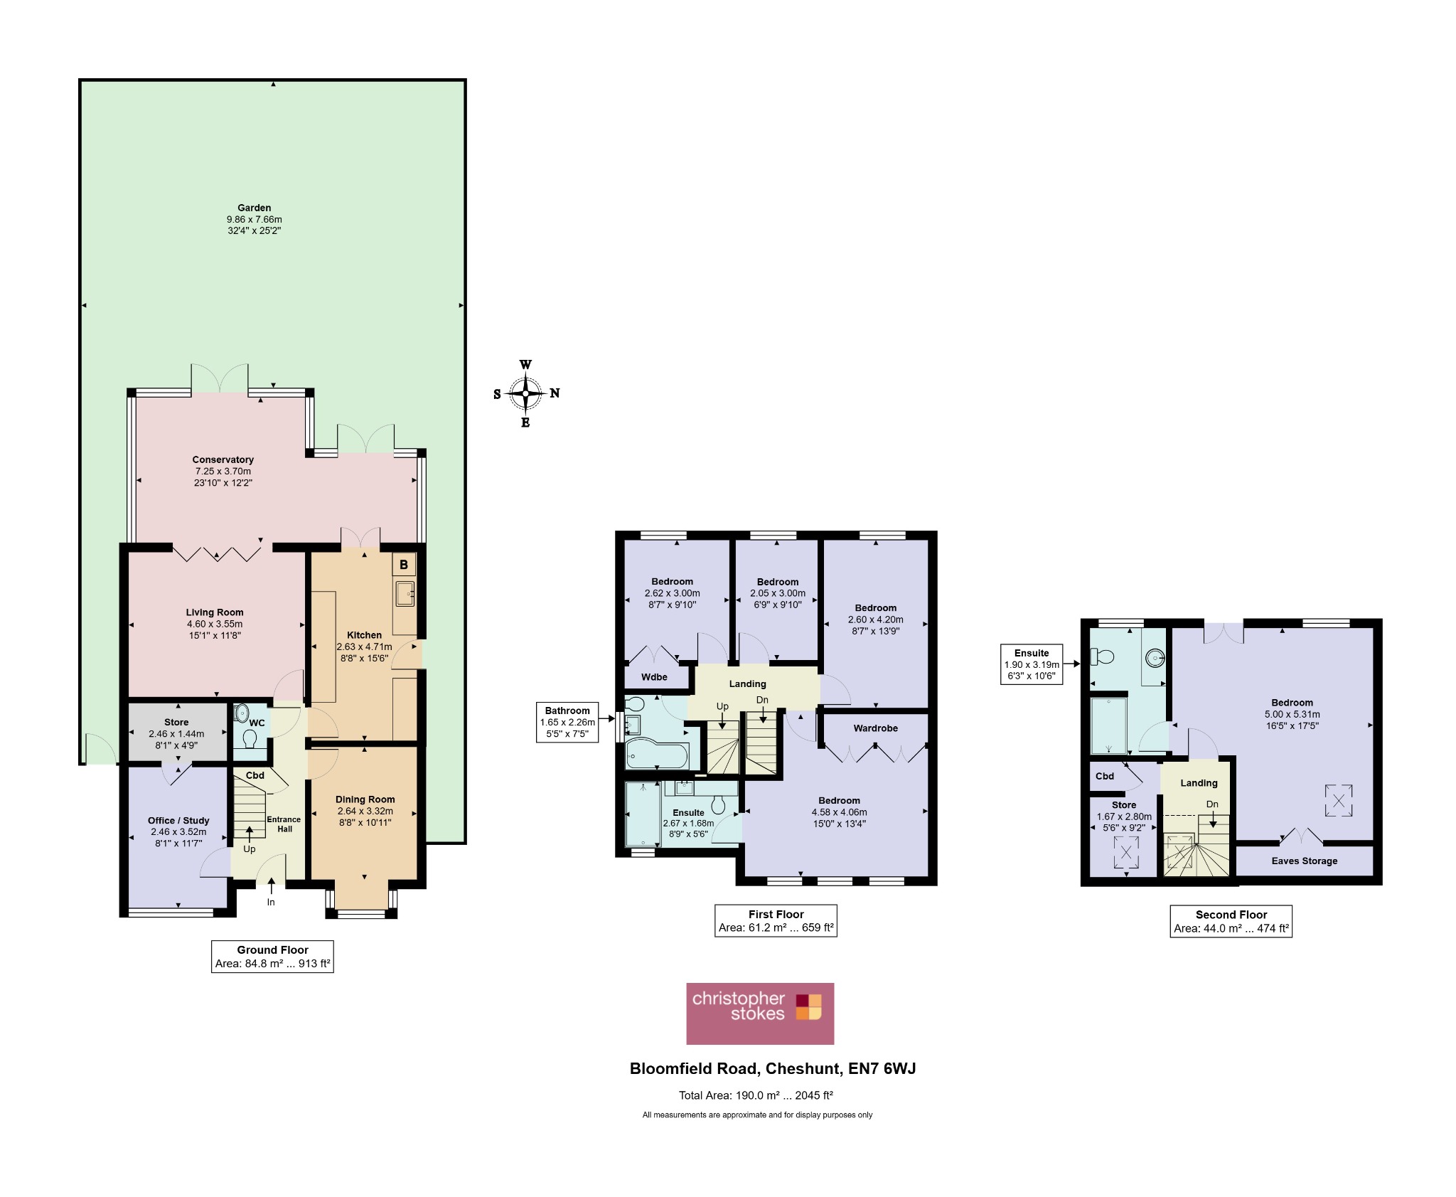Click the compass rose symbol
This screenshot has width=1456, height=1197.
tap(525, 393)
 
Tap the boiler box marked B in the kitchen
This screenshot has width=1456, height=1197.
tap(404, 565)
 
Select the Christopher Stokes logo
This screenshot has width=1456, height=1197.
tap(759, 1013)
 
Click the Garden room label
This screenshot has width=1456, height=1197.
tap(254, 208)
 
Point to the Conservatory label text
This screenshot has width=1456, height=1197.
tap(223, 459)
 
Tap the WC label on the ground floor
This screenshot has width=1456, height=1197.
tap(257, 723)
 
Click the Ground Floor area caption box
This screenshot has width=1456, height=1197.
tap(272, 957)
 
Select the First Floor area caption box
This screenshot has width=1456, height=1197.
tap(776, 921)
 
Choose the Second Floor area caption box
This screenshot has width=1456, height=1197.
tap(1231, 921)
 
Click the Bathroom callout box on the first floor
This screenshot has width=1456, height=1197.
tap(567, 722)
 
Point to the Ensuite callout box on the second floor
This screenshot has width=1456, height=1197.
tap(1032, 664)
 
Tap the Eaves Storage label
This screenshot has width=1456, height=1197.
tap(1304, 861)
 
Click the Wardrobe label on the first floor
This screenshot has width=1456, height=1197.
tap(875, 728)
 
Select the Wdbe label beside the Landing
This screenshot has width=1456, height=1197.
tap(654, 677)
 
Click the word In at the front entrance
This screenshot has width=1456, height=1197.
tap(271, 903)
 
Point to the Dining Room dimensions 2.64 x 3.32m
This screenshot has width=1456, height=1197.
tap(365, 811)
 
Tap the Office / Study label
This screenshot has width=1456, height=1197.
tap(178, 820)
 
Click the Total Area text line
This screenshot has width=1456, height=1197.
tap(756, 1095)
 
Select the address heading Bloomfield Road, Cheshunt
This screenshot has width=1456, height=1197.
tap(773, 1068)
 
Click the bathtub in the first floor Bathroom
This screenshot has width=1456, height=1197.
tap(657, 755)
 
